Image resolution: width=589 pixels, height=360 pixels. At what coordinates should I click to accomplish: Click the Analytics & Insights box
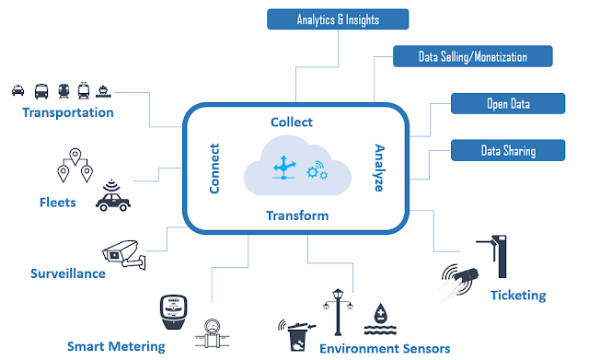[x=338, y=19]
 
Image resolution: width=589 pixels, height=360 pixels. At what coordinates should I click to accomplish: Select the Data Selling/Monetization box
[x=472, y=56]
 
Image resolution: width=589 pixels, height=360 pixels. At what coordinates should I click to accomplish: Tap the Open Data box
[x=508, y=103]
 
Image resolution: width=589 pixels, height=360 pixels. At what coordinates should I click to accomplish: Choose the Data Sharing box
[x=508, y=150]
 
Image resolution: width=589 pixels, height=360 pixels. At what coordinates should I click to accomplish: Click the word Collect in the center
[x=292, y=122]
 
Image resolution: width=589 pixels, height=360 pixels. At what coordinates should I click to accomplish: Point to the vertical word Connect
[x=214, y=168]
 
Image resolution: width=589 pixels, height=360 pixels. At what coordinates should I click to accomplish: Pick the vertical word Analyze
[x=379, y=168]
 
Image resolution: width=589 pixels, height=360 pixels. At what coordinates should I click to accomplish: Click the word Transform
[x=297, y=215]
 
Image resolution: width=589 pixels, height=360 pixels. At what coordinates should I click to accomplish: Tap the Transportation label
[x=68, y=112]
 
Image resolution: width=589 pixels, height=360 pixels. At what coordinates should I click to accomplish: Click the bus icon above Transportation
[x=41, y=91]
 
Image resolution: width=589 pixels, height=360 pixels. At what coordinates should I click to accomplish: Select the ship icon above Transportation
[x=103, y=91]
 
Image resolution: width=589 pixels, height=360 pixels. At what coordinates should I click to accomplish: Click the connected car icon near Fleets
[x=112, y=196]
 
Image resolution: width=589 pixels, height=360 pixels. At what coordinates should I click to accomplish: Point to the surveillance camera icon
[x=124, y=254]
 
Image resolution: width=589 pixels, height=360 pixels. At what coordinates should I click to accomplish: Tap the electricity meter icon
[x=173, y=312]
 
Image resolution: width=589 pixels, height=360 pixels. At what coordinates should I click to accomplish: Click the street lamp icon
[x=338, y=312]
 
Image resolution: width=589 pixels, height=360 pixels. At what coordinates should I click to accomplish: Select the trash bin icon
[x=297, y=335]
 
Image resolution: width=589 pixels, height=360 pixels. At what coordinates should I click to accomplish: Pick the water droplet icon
[x=380, y=319]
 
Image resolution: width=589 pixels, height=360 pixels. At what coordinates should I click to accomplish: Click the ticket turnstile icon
[x=494, y=256]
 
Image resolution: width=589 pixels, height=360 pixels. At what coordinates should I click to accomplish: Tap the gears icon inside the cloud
[x=317, y=171]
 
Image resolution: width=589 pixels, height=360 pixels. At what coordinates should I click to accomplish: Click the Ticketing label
[x=518, y=296]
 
